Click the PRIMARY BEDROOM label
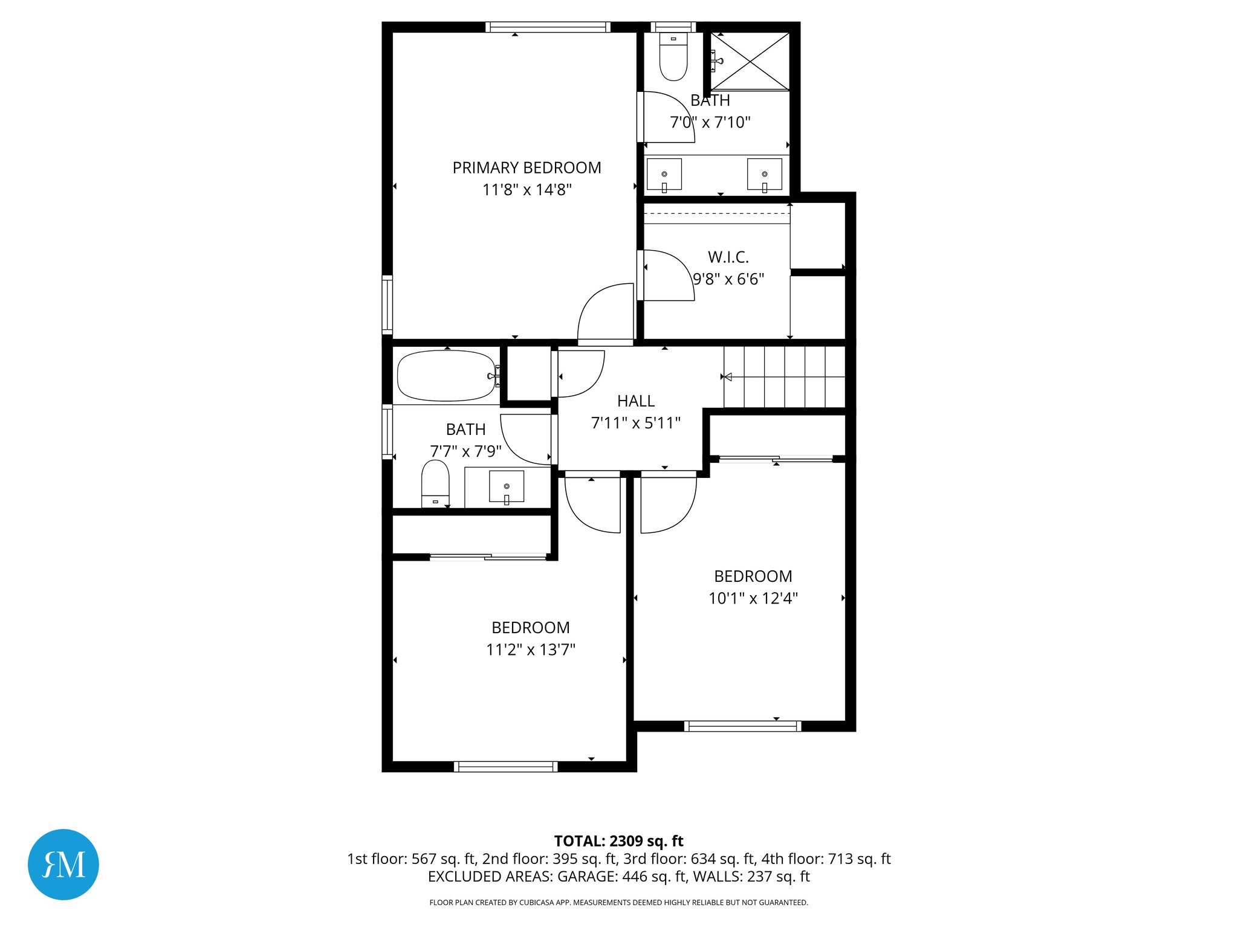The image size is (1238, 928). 527,168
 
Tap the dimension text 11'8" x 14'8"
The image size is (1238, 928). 527,190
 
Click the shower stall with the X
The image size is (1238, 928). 750,61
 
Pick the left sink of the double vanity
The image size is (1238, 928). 664,175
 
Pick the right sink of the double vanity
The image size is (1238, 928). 764,175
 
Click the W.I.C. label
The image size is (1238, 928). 728,257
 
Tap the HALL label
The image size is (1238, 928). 635,401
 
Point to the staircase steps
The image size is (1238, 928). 785,377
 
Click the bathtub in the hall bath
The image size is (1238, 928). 446,376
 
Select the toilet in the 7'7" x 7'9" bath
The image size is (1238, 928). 435,482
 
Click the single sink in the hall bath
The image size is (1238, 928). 507,486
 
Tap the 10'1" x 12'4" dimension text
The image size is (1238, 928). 753,598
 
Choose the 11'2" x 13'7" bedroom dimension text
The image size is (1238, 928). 530,649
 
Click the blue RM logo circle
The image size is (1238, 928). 63,864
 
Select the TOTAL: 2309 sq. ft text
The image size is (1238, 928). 618,841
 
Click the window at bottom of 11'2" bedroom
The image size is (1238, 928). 505,766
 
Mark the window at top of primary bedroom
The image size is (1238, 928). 548,27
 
